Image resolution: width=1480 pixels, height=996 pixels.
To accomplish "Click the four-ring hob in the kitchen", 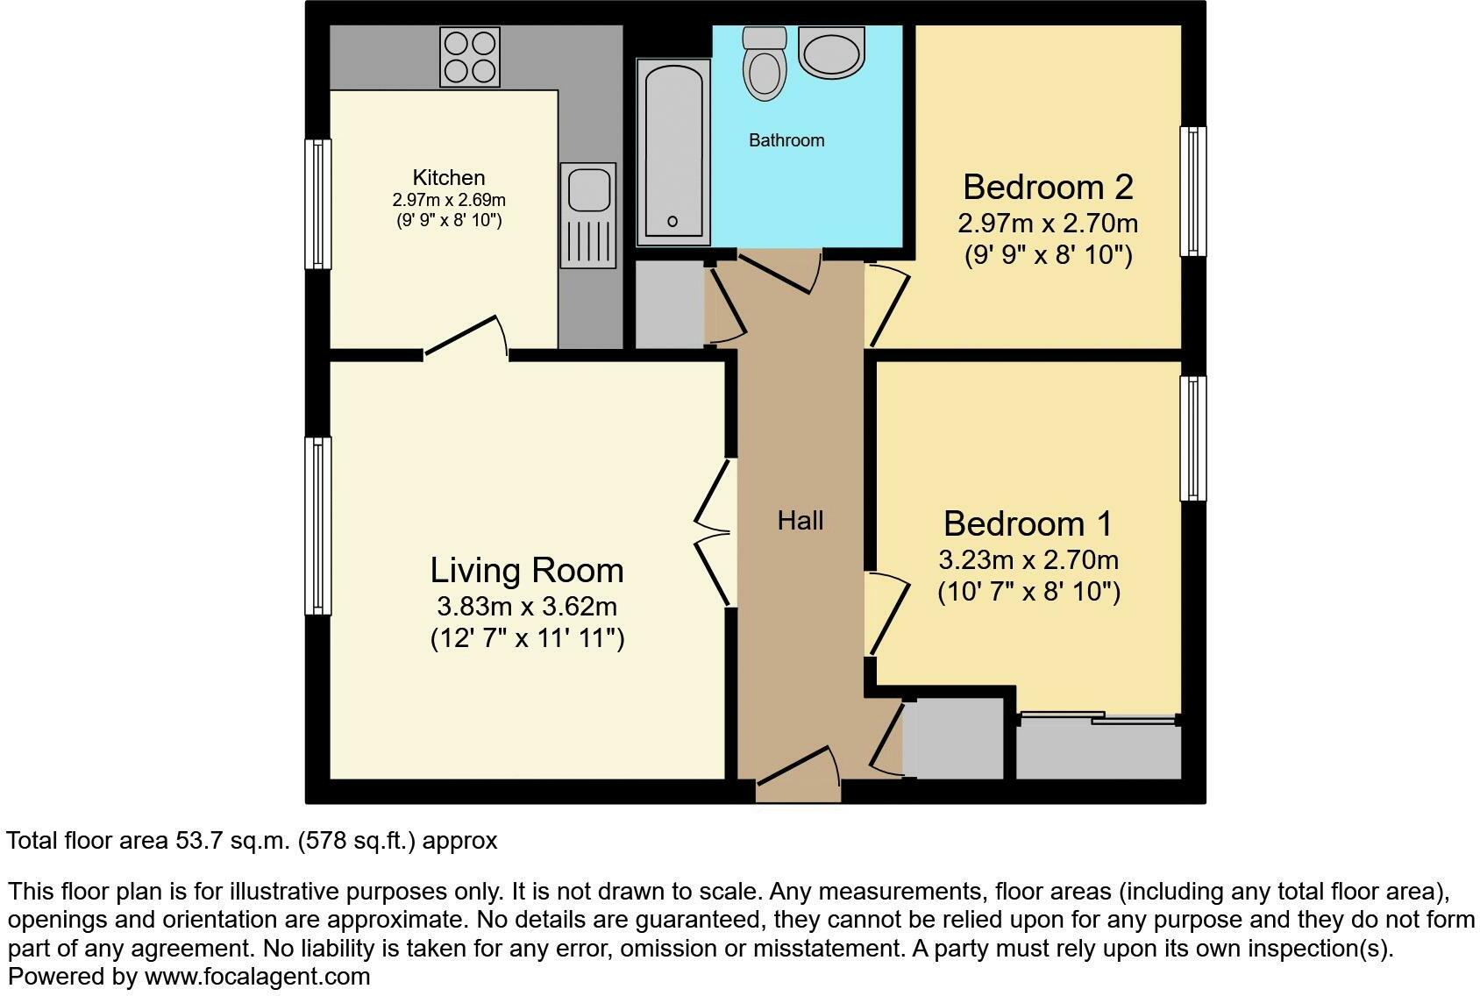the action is [470, 57].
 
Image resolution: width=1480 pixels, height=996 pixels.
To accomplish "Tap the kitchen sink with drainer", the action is [588, 216].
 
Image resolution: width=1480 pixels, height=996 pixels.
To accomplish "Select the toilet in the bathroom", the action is [765, 63].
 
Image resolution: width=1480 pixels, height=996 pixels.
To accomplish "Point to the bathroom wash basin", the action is [831, 53].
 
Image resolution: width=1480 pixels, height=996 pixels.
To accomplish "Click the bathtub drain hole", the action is [672, 222].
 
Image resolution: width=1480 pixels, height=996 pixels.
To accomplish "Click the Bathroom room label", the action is [786, 140].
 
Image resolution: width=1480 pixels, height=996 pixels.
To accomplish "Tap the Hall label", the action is [800, 521].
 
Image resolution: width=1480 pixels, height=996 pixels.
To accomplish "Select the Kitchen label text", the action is [449, 177].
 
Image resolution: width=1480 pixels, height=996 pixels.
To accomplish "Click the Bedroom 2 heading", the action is [1048, 187].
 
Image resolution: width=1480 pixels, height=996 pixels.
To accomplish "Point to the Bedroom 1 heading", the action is [1028, 524].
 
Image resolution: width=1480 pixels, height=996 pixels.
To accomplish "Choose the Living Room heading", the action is [527, 571].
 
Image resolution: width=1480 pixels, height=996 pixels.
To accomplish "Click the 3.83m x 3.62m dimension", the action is [527, 606].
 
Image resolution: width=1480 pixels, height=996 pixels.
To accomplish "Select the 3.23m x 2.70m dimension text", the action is [1028, 559].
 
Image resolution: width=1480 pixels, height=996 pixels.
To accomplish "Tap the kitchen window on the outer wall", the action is [317, 204].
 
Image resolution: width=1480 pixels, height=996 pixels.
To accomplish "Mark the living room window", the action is [317, 526].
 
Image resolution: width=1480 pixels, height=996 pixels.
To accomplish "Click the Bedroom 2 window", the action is [1193, 192].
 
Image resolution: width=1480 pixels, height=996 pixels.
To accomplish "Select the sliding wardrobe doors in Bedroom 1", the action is [1099, 718].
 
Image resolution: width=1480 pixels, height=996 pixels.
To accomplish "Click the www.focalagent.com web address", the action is [257, 977].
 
